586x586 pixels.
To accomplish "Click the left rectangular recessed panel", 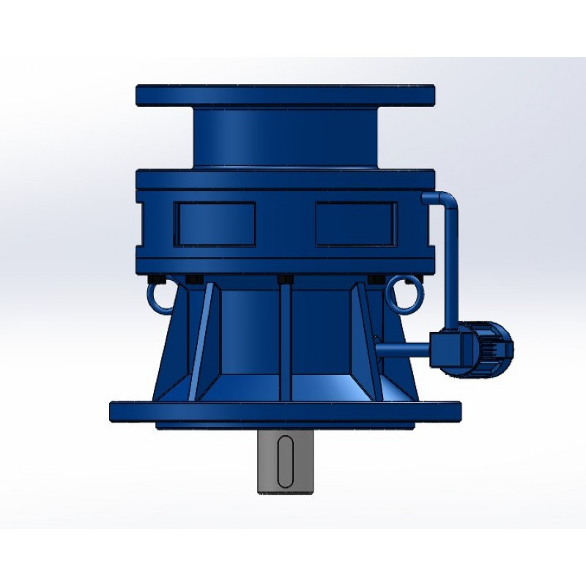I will click(214, 224).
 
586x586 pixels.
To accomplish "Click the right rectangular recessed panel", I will click(355, 224).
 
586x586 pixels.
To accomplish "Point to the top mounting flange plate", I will click(285, 95).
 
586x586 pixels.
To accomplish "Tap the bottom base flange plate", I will click(285, 410).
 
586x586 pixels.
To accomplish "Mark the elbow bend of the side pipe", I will click(448, 199).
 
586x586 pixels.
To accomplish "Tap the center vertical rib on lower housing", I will click(285, 337).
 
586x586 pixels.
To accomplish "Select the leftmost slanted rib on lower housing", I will click(201, 337).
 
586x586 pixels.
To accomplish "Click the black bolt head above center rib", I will click(285, 279).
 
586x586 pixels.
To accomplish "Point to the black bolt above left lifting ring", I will click(155, 279).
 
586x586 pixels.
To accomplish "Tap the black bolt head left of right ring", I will click(376, 279).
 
